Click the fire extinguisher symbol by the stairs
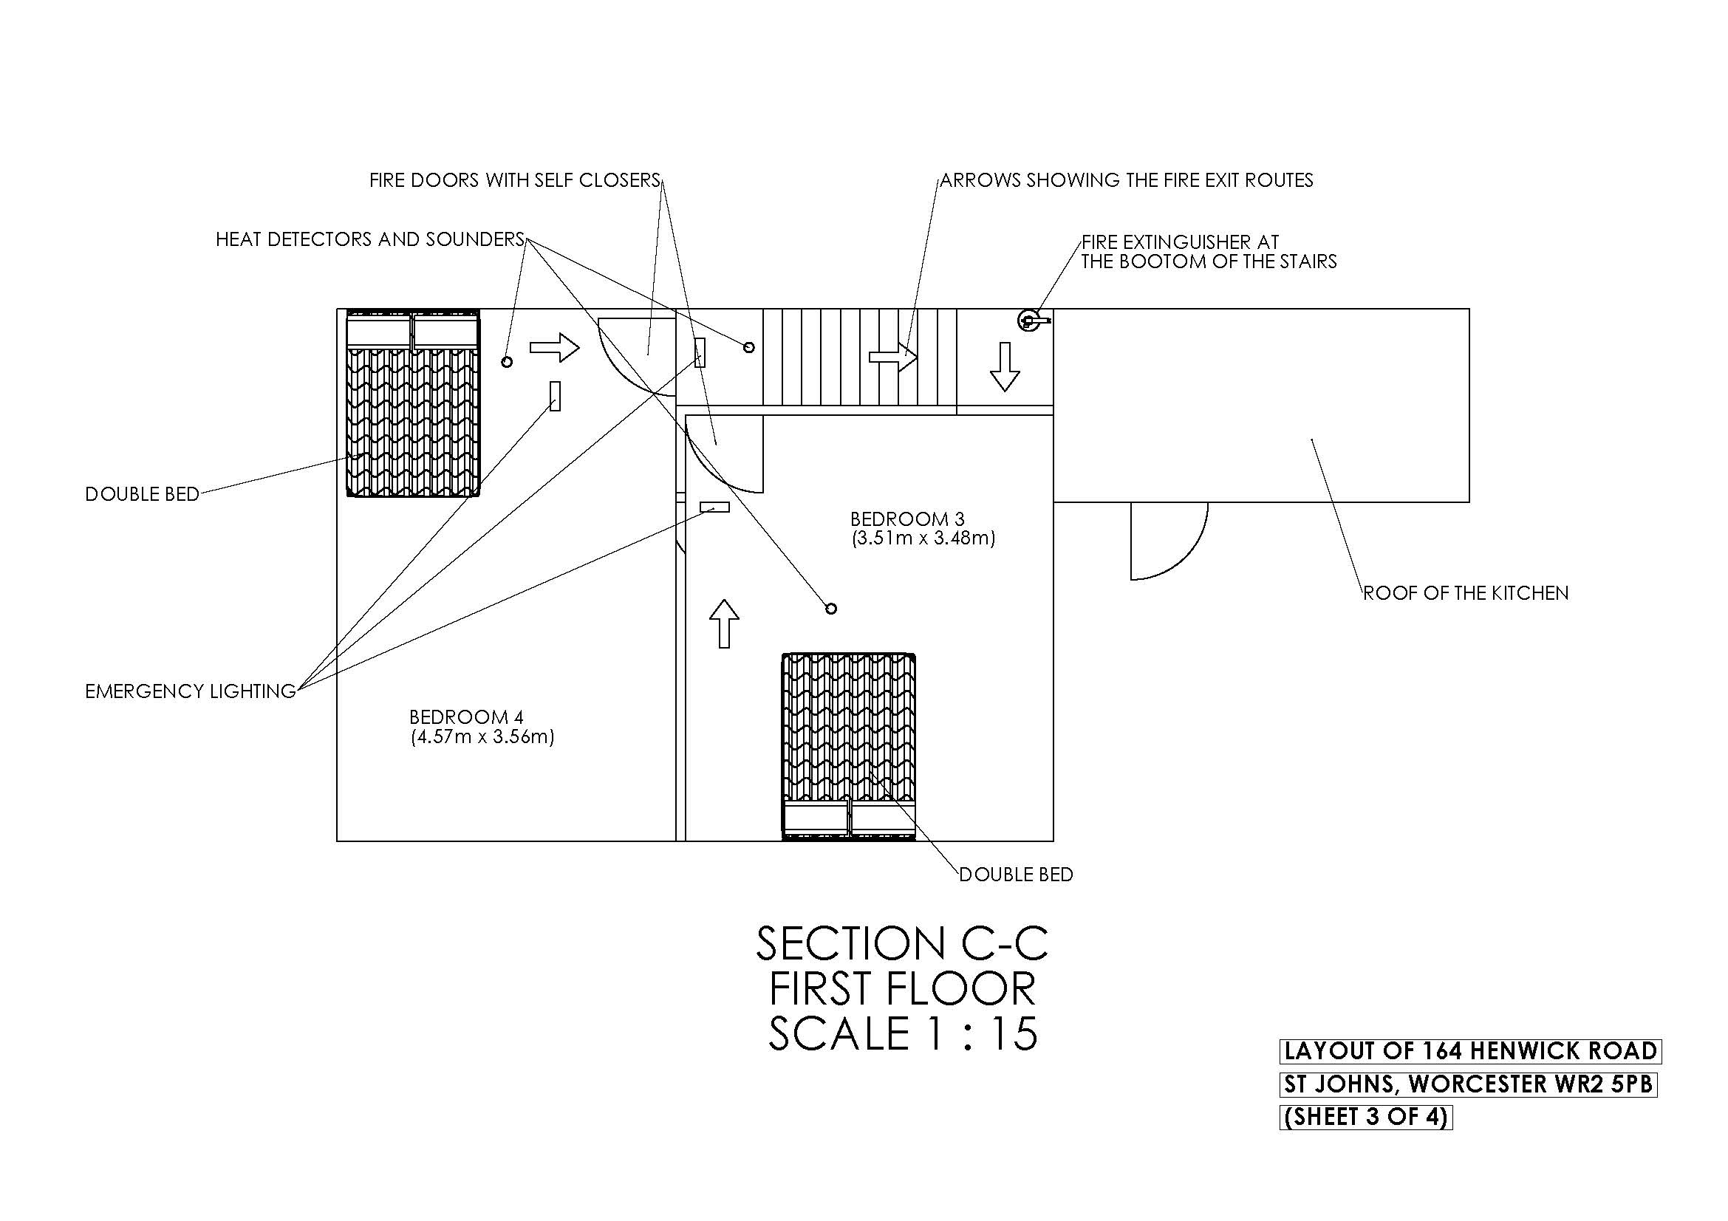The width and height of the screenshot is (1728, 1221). [x=1029, y=321]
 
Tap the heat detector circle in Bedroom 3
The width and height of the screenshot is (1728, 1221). [x=830, y=609]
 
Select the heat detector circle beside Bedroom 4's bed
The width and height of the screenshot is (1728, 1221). [x=508, y=362]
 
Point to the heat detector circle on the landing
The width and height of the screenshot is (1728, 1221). [x=748, y=347]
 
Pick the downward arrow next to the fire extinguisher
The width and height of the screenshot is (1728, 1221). [x=1005, y=366]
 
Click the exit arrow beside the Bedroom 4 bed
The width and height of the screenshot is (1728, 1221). [x=555, y=348]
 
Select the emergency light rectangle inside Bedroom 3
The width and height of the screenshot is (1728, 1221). [x=715, y=507]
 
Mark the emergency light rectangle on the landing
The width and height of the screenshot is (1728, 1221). [x=700, y=352]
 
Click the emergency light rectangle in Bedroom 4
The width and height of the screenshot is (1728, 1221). [x=556, y=396]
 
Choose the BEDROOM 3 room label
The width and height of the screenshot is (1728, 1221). [x=907, y=519]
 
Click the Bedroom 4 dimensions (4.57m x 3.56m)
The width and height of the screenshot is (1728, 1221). [x=482, y=736]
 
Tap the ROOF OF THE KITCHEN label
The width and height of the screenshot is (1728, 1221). [x=1465, y=593]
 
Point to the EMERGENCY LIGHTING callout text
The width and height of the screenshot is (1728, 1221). [x=191, y=691]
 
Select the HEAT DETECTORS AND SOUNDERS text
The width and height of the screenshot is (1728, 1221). [x=369, y=239]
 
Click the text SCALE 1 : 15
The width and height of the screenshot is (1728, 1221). [x=902, y=1033]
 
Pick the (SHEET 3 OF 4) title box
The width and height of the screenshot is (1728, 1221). [x=1365, y=1117]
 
